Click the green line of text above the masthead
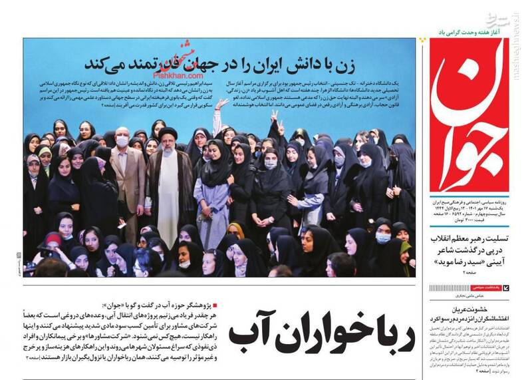coord(472,31)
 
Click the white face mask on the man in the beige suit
coord(122,141)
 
